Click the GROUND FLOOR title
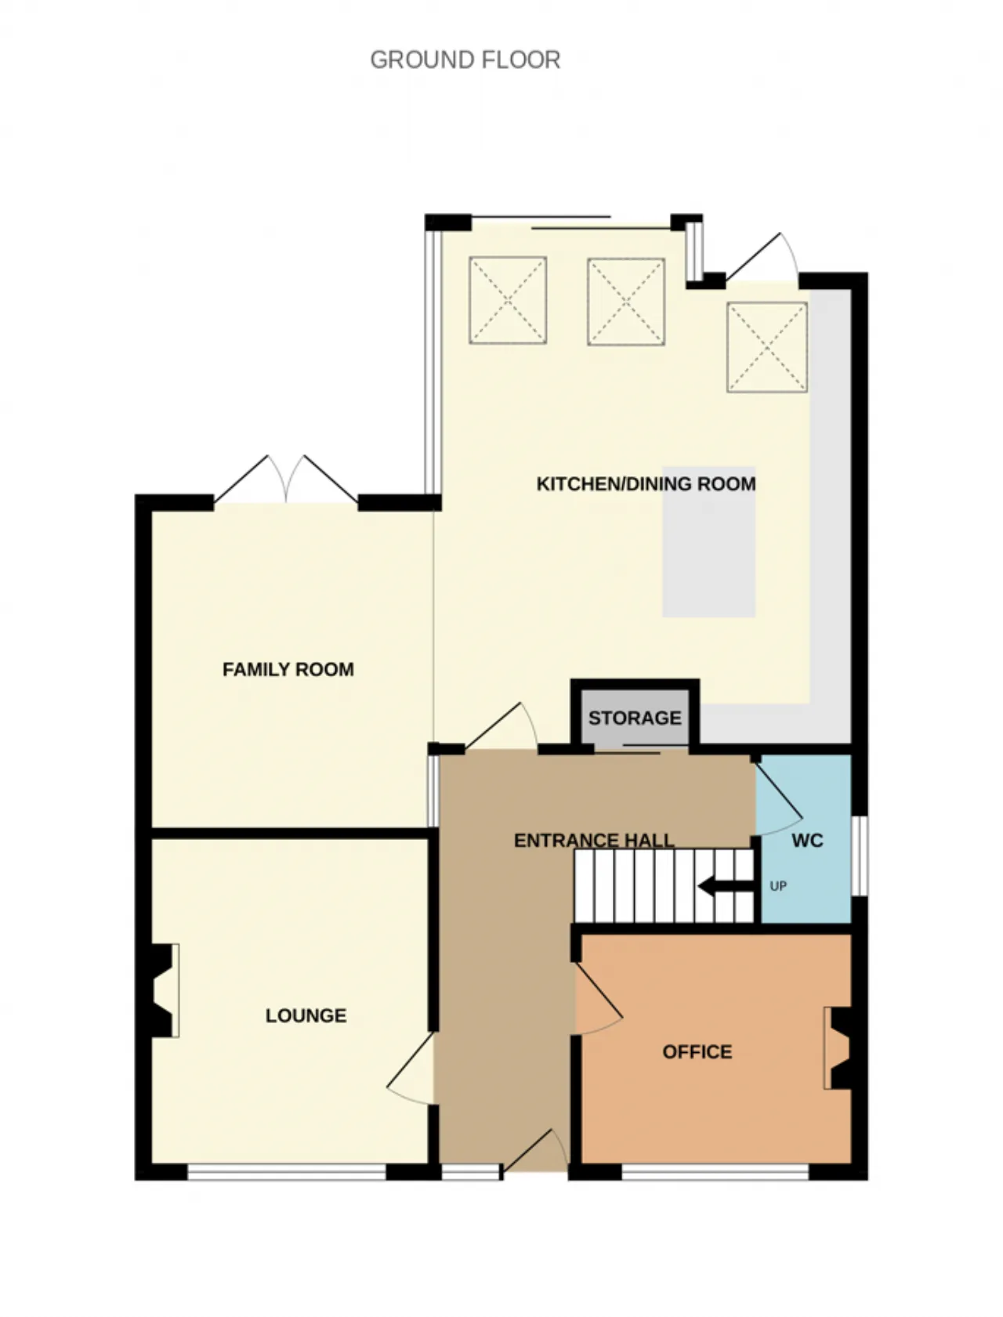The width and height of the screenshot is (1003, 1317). point(465,60)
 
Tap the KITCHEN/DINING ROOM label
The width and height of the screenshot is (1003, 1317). point(646,484)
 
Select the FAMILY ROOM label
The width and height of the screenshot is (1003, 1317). point(288,670)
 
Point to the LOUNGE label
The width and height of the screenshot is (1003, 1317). point(306,1016)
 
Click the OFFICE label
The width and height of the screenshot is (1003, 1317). point(697,1052)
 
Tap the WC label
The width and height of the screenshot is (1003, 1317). point(807,841)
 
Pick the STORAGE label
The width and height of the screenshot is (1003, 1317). point(635,718)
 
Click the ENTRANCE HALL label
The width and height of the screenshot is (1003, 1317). point(594,841)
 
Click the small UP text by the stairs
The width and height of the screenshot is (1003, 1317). point(778,886)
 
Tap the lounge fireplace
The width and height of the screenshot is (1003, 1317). point(165,990)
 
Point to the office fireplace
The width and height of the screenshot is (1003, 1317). point(838,1048)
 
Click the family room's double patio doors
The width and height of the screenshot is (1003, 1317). point(287,479)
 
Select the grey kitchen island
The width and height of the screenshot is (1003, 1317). point(709,542)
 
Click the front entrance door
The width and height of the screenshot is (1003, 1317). point(536,1151)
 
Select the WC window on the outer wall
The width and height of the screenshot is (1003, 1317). point(860,856)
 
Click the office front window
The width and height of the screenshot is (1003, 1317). point(715,1172)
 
